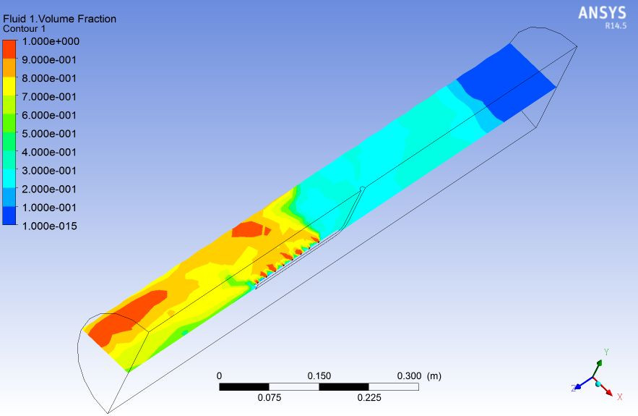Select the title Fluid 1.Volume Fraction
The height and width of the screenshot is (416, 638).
[x=59, y=19]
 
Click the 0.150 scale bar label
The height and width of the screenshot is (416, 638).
[x=319, y=376]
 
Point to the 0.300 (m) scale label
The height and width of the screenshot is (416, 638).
[x=419, y=376]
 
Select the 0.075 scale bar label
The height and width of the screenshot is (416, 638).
[x=269, y=397]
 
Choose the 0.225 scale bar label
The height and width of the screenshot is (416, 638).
[x=368, y=397]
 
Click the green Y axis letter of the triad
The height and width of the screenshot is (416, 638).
[x=605, y=352]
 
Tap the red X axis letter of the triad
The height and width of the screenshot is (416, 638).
[x=619, y=396]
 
